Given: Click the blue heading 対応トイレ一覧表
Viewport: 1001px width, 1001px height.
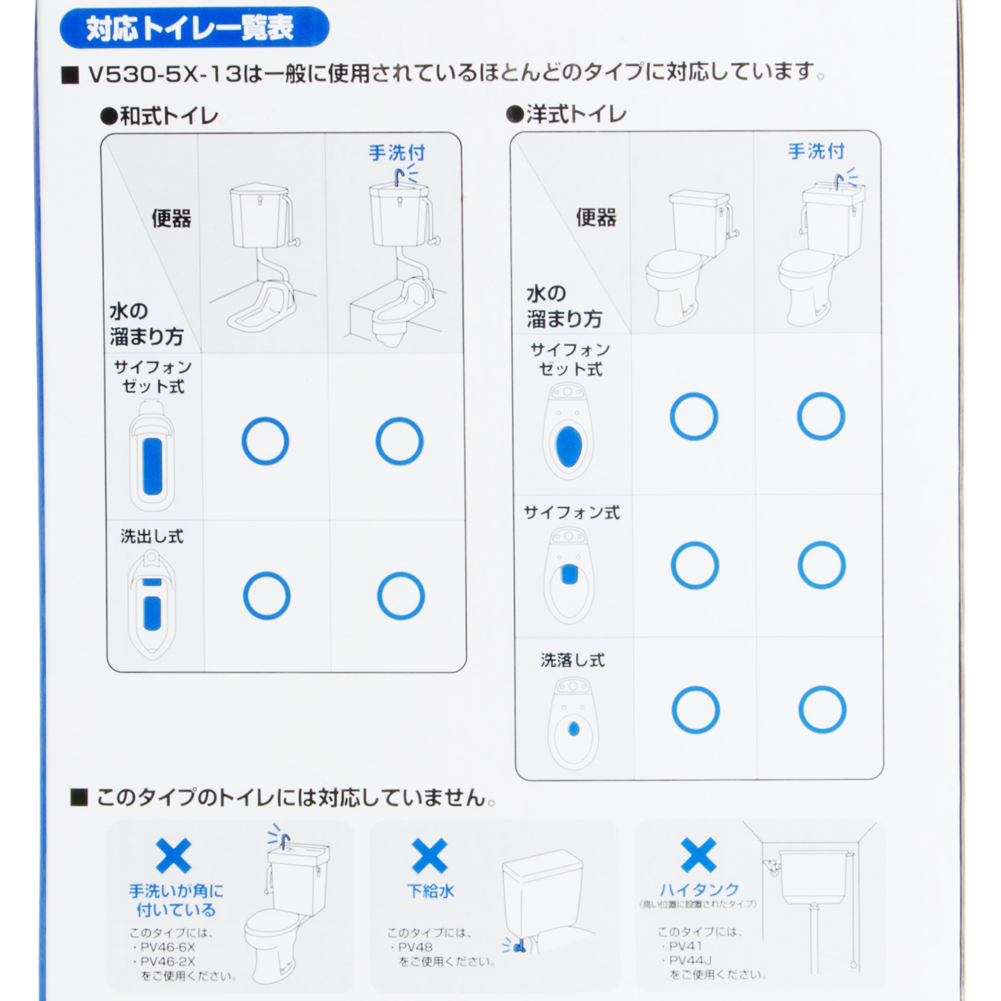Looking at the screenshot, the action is tap(189, 28).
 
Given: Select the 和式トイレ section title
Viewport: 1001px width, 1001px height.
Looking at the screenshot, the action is tap(160, 116).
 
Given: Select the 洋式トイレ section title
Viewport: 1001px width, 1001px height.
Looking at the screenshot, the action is tap(567, 114).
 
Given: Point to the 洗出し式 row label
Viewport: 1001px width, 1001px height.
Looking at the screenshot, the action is tap(152, 536).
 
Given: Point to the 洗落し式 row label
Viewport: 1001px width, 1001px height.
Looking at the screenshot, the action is tap(573, 660).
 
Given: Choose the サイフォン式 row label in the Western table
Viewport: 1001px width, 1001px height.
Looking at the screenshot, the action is tap(571, 512).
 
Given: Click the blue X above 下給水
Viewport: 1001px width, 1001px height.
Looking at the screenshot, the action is tap(430, 855).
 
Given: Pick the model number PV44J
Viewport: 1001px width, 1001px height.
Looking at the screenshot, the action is tap(690, 960).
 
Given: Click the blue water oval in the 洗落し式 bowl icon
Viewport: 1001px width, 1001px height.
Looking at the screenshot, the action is tap(573, 729).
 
